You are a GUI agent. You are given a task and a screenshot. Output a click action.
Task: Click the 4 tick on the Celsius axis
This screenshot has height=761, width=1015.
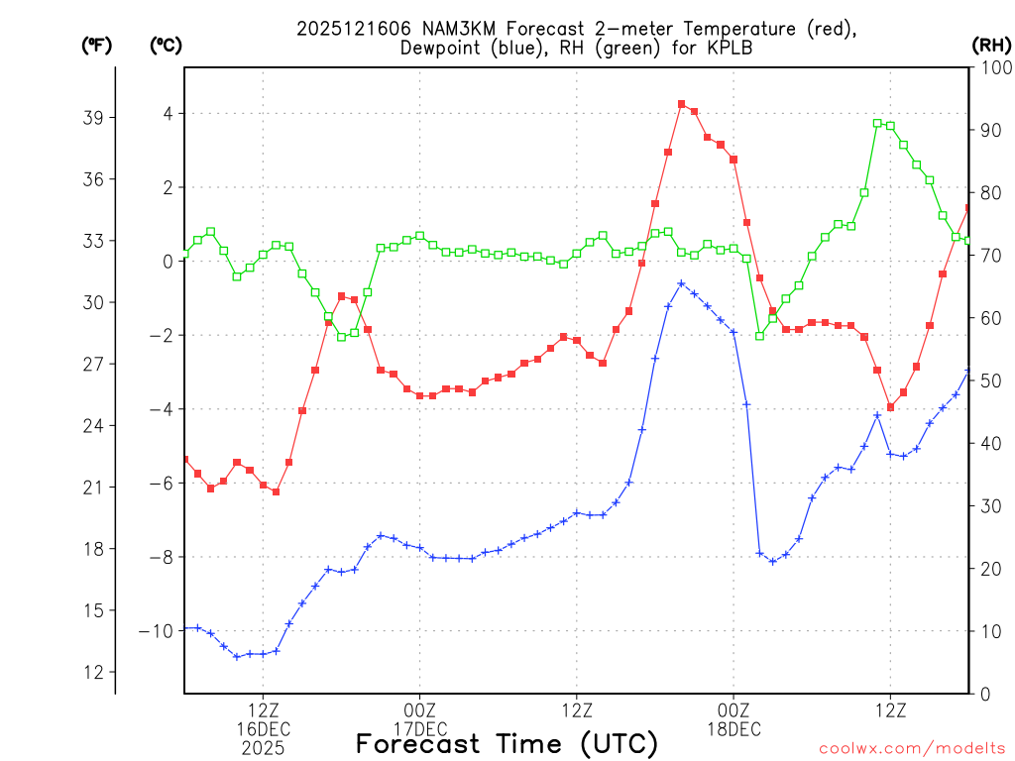(169, 114)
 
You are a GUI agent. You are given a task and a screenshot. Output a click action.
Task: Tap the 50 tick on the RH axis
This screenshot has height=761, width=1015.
(989, 380)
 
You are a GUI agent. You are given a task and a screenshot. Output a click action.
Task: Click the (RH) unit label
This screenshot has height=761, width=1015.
(991, 45)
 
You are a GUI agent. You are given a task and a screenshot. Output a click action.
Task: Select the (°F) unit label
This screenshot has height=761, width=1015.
(98, 45)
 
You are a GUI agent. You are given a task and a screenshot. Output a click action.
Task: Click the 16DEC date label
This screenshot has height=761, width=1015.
(263, 729)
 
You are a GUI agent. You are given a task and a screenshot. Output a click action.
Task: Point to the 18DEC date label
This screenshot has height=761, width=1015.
(733, 729)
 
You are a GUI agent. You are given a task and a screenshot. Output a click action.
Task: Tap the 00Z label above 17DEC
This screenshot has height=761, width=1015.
(419, 710)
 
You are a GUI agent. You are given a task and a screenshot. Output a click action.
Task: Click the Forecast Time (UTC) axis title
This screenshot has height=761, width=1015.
(507, 743)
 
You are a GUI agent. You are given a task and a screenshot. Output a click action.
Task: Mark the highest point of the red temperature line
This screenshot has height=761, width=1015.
(681, 104)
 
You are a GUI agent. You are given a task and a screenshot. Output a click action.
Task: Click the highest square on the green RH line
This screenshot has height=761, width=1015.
(877, 123)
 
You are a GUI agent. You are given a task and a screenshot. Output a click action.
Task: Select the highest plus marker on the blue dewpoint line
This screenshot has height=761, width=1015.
(681, 283)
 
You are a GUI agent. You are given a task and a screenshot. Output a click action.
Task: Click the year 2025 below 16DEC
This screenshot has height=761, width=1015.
(263, 748)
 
